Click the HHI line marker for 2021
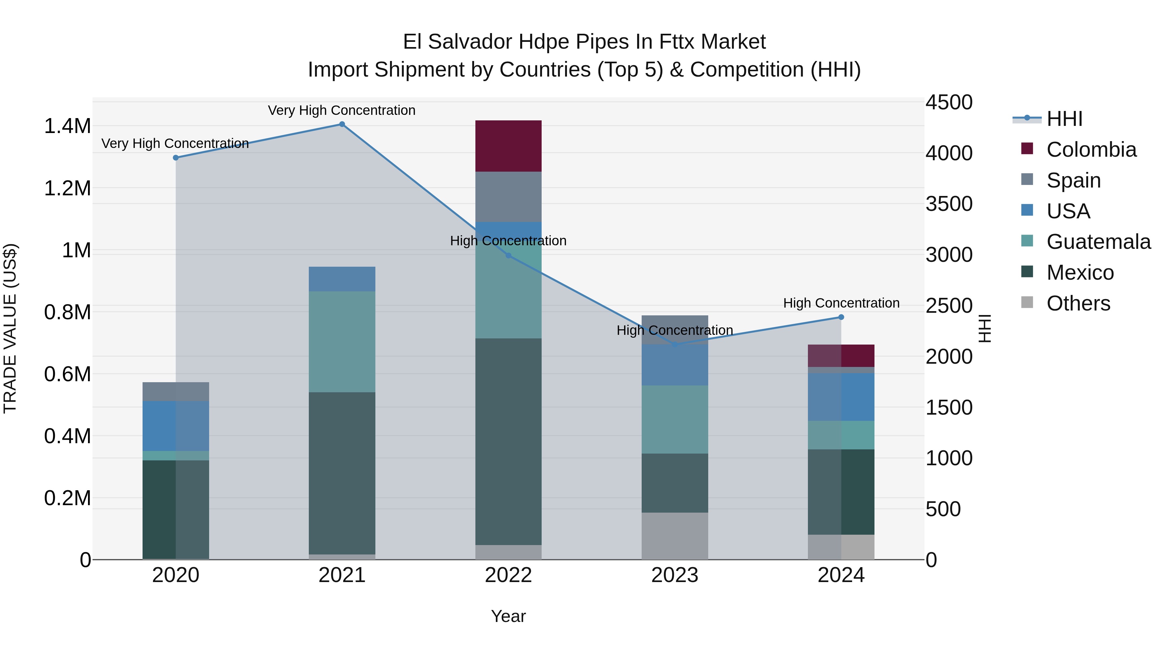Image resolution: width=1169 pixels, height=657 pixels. click(342, 124)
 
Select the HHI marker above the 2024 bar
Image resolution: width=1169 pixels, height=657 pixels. click(841, 317)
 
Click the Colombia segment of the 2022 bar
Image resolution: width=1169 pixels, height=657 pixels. click(508, 146)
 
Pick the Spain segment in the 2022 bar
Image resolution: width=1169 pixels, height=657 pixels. click(508, 197)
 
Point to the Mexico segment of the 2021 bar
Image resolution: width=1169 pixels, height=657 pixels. click(342, 473)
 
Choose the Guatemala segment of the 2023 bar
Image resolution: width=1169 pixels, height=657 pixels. click(675, 420)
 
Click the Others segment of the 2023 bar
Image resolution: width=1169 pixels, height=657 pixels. click(675, 536)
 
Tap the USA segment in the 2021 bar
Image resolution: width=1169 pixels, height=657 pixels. click(342, 279)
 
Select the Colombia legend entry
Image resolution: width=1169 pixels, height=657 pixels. click(1091, 150)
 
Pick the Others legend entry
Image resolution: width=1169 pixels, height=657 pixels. click(1078, 303)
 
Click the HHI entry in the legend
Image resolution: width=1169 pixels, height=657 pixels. click(1064, 119)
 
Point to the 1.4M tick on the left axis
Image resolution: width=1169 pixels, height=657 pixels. click(67, 126)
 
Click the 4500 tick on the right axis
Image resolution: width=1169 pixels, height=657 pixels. click(949, 103)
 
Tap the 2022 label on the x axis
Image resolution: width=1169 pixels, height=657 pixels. click(508, 575)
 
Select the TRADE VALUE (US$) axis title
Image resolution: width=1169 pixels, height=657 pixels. click(10, 328)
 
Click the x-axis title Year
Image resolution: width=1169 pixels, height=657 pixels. click(508, 616)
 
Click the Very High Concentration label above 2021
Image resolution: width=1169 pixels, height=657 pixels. click(342, 110)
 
